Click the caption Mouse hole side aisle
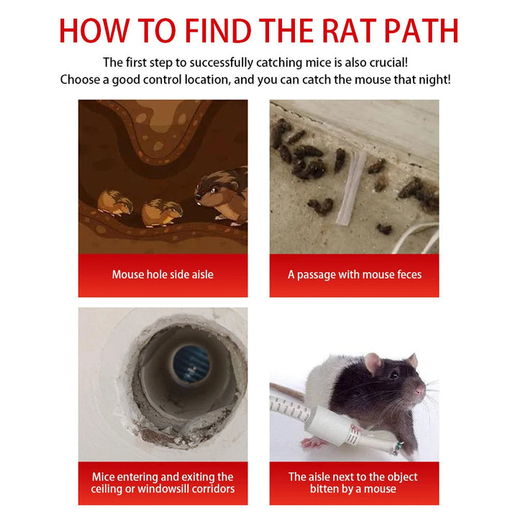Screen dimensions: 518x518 pyautogui.click(x=163, y=274)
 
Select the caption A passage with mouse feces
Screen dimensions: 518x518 pyautogui.click(x=354, y=274)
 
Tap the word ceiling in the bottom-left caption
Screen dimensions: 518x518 pyautogui.click(x=109, y=489)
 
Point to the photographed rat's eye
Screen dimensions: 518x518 pyautogui.click(x=394, y=375)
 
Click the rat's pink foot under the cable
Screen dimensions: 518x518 pyautogui.click(x=314, y=442)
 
